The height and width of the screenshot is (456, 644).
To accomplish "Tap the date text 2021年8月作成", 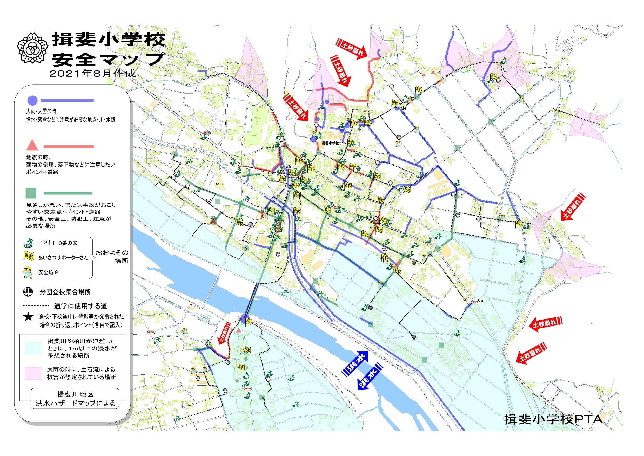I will (x=92, y=74).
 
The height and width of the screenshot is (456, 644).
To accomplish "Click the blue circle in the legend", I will (x=32, y=100).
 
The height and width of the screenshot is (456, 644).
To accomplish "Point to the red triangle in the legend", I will (x=32, y=145).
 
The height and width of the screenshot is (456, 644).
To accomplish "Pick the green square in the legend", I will (x=31, y=193).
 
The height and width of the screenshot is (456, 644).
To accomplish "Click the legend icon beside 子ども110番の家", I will (x=29, y=243).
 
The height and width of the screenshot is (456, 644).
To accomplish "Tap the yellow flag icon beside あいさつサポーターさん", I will (x=29, y=257).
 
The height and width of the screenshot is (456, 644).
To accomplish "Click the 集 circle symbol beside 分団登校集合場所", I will (x=28, y=292).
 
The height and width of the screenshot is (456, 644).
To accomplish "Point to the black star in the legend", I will (x=28, y=317).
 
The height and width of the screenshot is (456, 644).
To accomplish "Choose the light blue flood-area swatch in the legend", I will (x=33, y=348).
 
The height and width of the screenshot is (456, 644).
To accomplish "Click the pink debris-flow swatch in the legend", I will (x=33, y=373).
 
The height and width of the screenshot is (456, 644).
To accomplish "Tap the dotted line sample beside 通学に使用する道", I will (x=36, y=306).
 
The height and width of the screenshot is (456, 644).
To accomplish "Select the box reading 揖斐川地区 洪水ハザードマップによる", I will (x=75, y=399).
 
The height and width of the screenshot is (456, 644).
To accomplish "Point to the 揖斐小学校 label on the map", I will (x=330, y=143).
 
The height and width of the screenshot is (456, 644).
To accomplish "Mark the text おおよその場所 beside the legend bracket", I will (x=112, y=256).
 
